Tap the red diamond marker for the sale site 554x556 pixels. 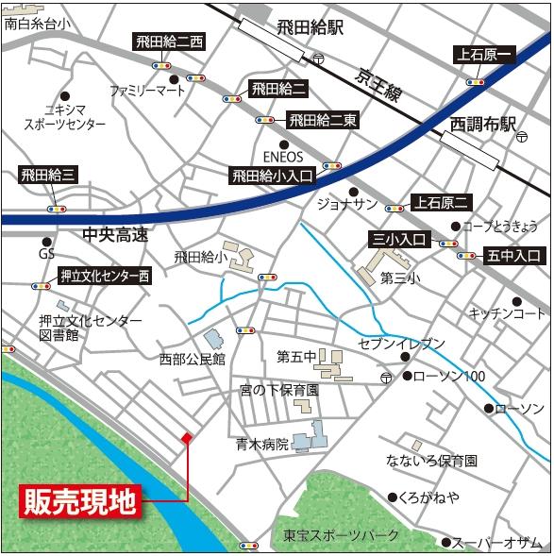click(x=187, y=438)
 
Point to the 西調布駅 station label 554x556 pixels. click(x=483, y=125)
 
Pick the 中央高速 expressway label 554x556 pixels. click(x=115, y=235)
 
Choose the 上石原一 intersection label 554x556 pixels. click(x=484, y=55)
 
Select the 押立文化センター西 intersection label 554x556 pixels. click(x=104, y=277)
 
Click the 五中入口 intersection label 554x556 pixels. click(x=514, y=255)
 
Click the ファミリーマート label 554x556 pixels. click(x=148, y=92)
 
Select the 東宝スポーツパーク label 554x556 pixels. click(x=342, y=535)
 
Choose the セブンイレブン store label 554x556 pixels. click(x=400, y=343)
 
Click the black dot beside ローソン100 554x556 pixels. click(x=408, y=377)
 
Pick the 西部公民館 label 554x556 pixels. click(x=193, y=359)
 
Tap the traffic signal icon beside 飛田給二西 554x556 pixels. click(x=160, y=66)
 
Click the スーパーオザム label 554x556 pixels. click(x=497, y=542)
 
